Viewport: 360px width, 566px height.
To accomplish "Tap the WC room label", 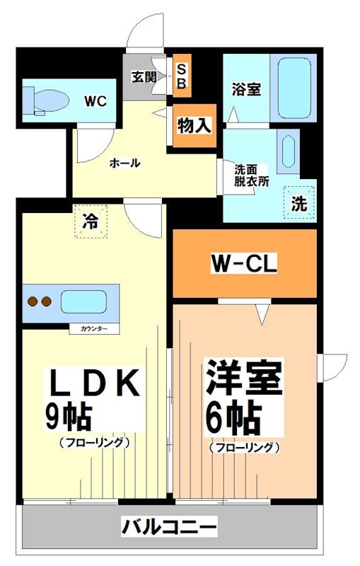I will [95, 101].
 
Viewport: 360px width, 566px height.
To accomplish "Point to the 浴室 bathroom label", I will [246, 89].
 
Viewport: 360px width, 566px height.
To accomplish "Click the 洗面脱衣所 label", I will [252, 175].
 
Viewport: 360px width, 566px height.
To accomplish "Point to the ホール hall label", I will [124, 163].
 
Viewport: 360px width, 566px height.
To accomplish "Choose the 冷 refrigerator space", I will [91, 220].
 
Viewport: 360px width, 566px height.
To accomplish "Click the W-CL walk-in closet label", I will [243, 265].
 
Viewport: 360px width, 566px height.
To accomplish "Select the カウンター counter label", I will [88, 329].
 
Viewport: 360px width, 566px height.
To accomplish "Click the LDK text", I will [91, 384].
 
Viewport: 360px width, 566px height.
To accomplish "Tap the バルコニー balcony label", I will [169, 527].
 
